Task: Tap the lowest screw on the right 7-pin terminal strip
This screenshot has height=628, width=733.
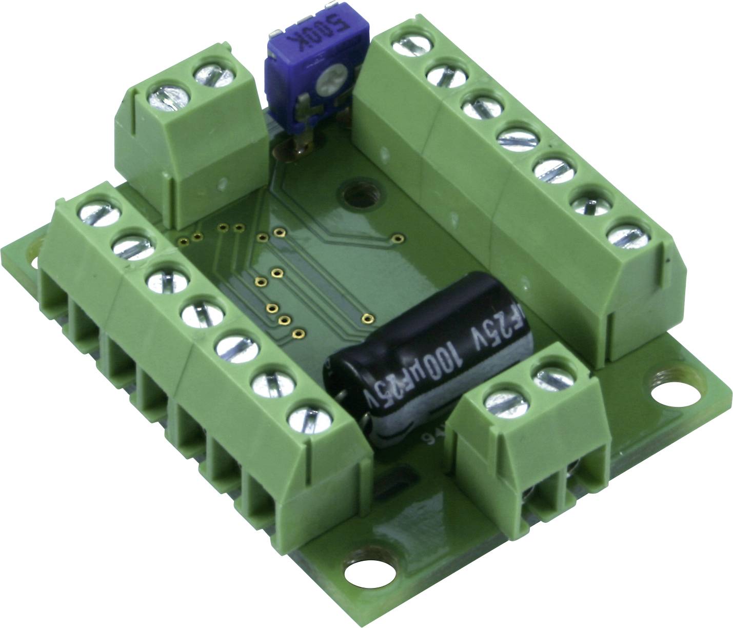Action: pyautogui.click(x=629, y=237)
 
